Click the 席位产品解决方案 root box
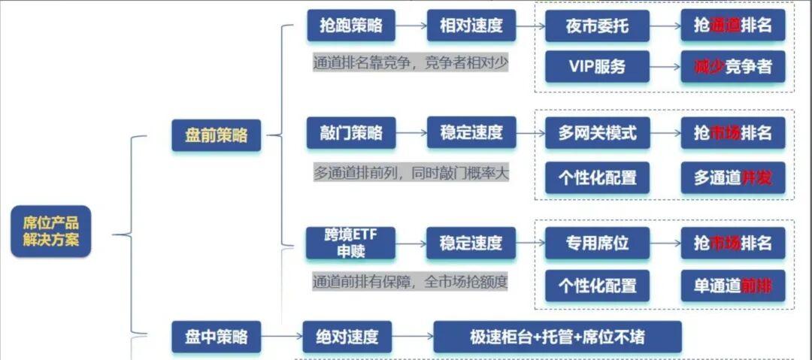coord(51,231)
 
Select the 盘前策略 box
coord(216,135)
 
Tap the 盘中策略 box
coord(216,337)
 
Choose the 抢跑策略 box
coord(351,26)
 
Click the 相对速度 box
coord(471,26)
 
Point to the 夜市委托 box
coord(597,26)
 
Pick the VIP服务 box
coord(597,66)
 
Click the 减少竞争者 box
coord(733,66)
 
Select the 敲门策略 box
coord(351,133)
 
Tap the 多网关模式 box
coord(597,133)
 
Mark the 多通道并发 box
coord(733,177)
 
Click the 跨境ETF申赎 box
coord(351,243)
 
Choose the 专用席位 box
coord(597,243)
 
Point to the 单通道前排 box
coord(733,286)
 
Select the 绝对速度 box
coord(347,337)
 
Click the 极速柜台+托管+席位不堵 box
coord(557,337)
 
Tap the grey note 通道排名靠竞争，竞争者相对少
coord(411,62)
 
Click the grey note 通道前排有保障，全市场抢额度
coord(411,282)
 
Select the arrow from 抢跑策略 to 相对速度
coord(410,26)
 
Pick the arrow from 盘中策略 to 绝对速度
coord(281,337)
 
